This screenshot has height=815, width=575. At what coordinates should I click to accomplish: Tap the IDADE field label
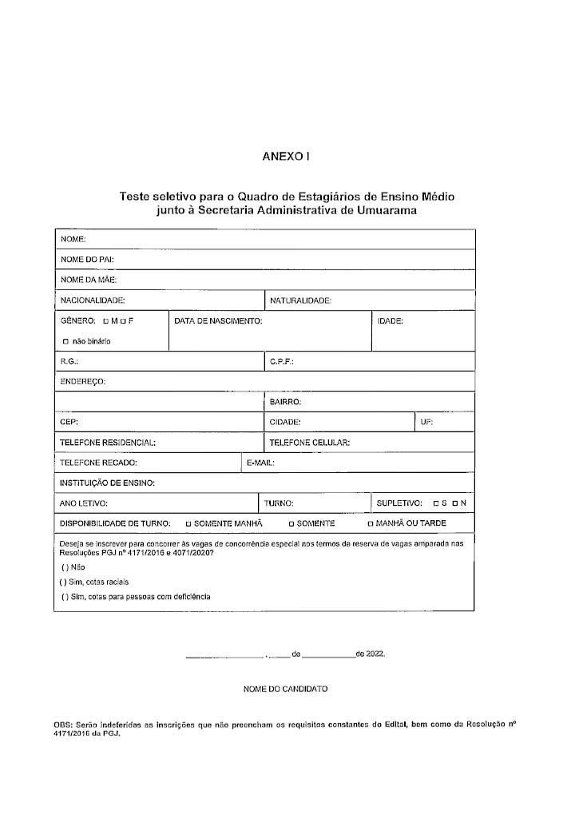coord(391,321)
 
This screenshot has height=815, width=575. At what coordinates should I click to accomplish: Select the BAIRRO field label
coord(284,401)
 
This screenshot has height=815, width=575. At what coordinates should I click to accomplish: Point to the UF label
coord(426,421)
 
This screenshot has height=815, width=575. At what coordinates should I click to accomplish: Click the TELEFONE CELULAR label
coord(310,442)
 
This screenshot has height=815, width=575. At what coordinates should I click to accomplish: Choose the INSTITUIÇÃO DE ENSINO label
coord(107,483)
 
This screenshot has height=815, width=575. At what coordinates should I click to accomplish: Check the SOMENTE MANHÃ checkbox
coord(188,524)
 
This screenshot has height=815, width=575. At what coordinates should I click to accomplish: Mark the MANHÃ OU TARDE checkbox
coord(370,524)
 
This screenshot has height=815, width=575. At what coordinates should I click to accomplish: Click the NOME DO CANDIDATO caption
coord(285,688)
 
